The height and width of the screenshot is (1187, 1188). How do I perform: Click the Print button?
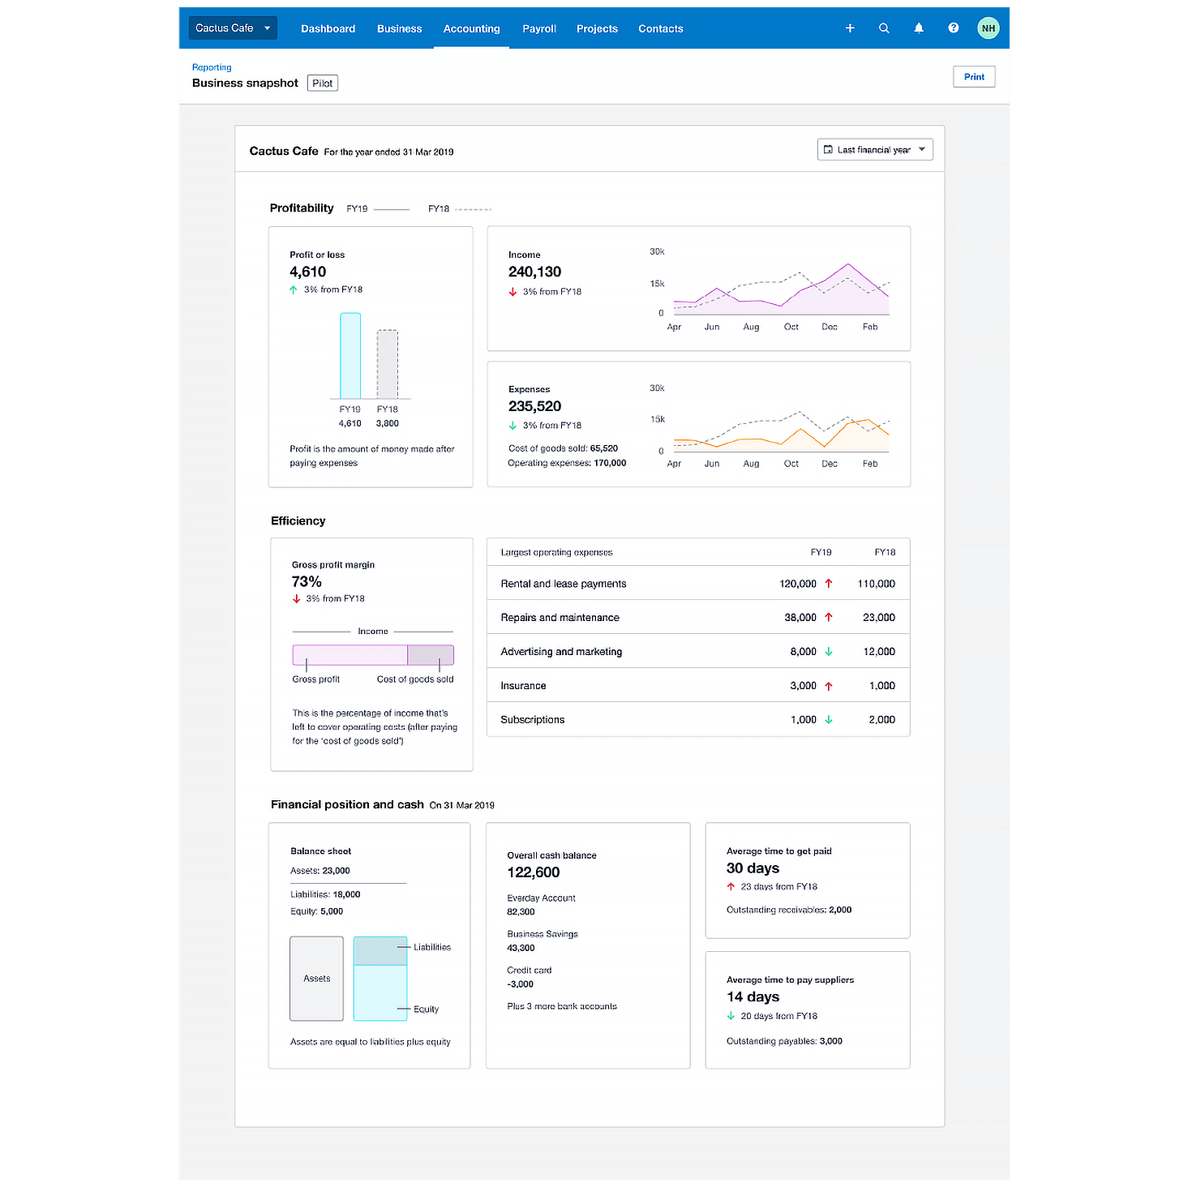click(974, 77)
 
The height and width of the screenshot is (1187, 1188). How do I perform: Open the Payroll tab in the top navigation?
click(538, 28)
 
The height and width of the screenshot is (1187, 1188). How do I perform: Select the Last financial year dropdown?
click(874, 150)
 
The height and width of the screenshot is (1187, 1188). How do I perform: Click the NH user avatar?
click(988, 28)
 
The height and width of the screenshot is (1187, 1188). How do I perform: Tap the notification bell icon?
click(919, 28)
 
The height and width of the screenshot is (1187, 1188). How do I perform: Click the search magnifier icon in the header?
click(884, 28)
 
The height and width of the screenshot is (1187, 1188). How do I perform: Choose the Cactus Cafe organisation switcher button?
click(233, 28)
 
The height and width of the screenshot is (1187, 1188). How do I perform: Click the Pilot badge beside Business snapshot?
click(322, 84)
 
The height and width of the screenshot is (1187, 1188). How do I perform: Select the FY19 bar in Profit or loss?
click(350, 356)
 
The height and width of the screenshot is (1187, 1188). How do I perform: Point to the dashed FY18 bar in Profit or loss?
click(388, 364)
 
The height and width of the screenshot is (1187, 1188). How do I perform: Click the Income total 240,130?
click(534, 272)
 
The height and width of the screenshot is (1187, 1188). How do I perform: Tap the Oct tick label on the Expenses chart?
click(791, 464)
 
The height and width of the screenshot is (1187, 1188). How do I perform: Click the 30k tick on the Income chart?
click(657, 252)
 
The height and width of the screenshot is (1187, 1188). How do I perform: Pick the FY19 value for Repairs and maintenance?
click(800, 618)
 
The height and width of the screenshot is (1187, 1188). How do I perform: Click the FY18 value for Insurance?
click(881, 686)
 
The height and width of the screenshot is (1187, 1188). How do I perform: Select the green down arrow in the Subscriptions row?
click(828, 720)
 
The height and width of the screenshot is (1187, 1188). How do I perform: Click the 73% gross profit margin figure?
click(307, 582)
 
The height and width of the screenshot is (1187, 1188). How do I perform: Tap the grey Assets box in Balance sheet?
click(316, 979)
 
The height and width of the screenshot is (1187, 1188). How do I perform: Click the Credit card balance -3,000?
click(521, 984)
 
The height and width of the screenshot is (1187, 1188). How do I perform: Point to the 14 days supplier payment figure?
click(753, 997)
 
